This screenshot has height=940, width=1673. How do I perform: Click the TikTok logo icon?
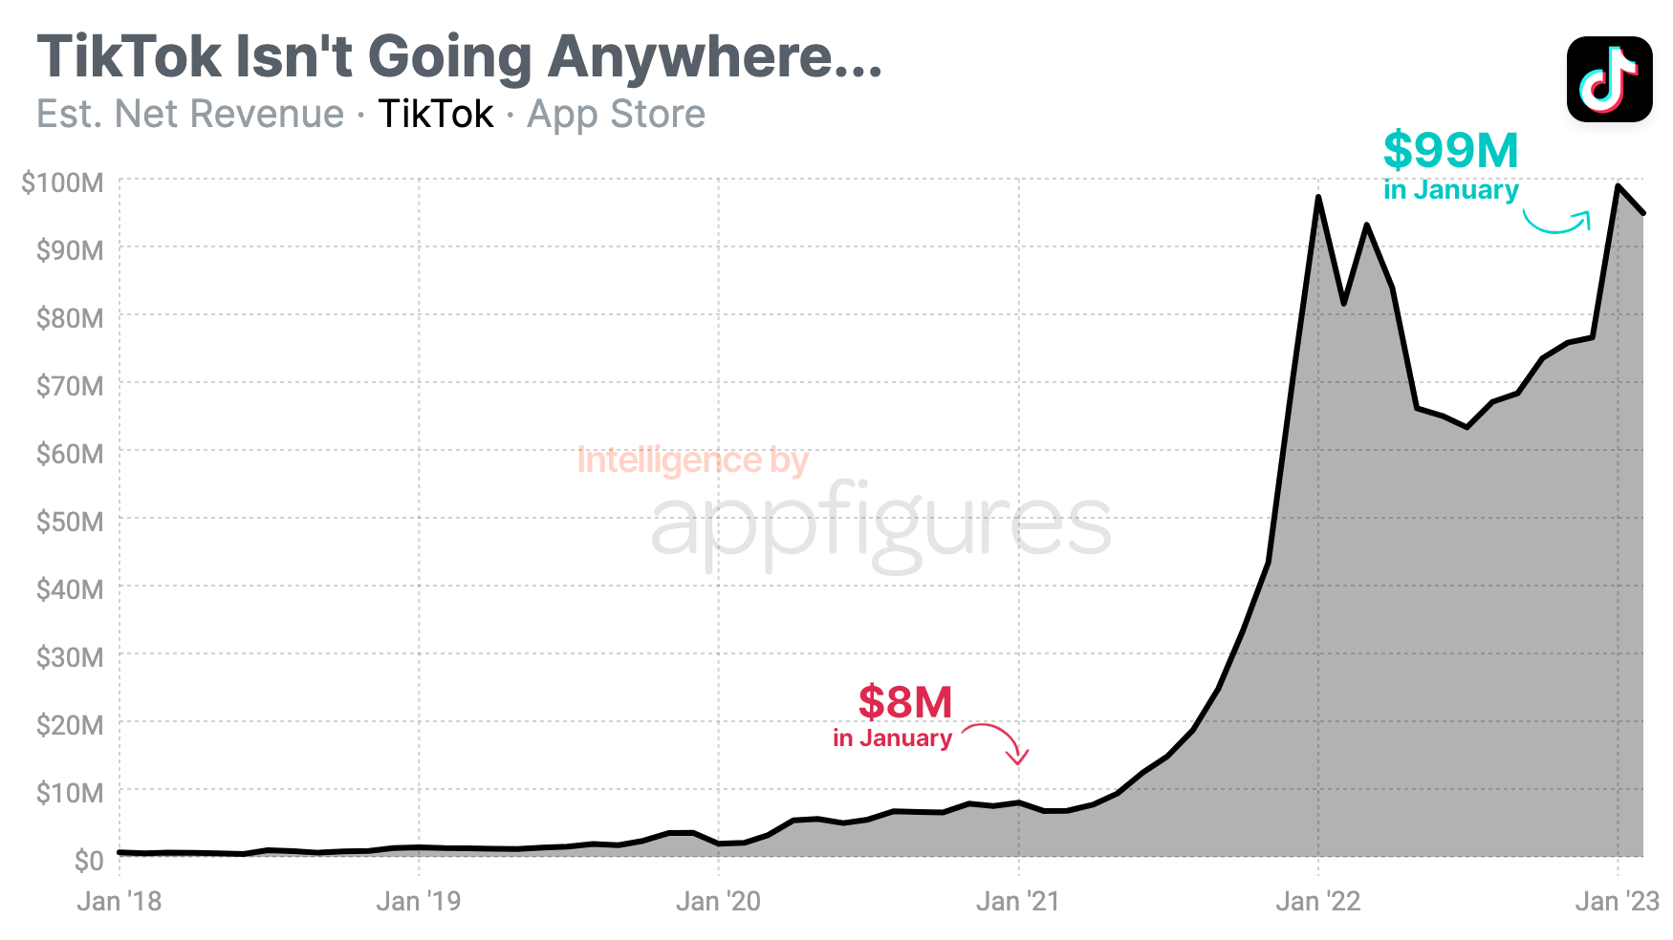1609,79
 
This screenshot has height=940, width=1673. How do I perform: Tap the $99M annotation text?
1450,151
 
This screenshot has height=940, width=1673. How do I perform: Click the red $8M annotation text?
904,703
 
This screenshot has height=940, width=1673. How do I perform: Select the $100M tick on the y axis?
62,182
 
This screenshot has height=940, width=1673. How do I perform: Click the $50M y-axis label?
69,522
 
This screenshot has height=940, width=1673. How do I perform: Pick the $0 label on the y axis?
88,861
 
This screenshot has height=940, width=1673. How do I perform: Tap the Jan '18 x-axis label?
119,901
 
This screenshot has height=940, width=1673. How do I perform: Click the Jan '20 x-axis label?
718,901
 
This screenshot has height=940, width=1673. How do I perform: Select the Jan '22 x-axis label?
1317,901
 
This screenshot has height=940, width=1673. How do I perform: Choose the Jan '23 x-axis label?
1617,901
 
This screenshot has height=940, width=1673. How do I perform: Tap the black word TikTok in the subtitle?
436,115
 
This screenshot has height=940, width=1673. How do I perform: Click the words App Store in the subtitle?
616,115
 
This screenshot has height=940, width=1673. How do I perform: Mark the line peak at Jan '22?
1318,198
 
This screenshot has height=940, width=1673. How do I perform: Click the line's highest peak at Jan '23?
1618,186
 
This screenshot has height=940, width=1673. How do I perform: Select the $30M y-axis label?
69,657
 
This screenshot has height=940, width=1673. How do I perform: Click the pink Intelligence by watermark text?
693,460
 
